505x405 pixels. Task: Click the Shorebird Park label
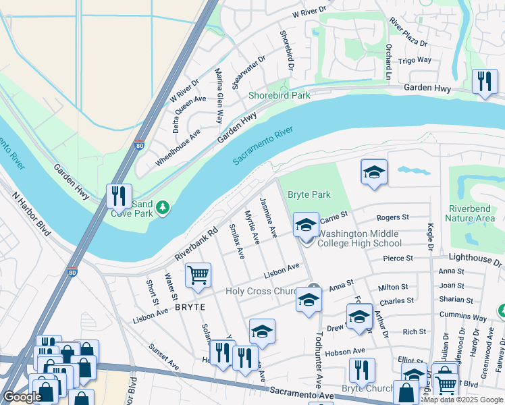[279, 95]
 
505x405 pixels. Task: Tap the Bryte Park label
[309, 194]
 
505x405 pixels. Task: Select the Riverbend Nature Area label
[470, 213]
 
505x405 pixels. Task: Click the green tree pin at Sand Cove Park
[162, 209]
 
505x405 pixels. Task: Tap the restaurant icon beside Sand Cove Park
[119, 196]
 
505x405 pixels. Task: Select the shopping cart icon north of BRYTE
[198, 275]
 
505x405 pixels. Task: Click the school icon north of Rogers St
[373, 172]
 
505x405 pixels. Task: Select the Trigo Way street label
[415, 60]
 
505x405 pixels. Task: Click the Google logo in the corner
[22, 397]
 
